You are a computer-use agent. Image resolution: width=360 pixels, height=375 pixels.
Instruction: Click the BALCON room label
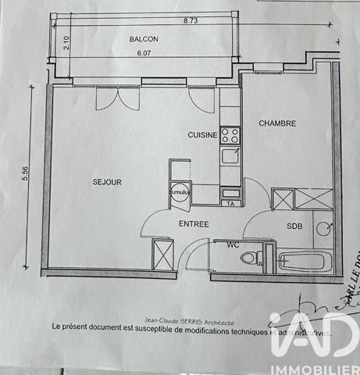(x=144, y=37)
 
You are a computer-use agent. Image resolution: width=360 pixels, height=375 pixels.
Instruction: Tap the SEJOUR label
(x=106, y=182)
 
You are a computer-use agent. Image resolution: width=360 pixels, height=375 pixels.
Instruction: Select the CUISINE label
(x=202, y=135)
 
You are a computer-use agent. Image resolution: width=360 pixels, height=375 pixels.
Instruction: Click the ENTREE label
(x=194, y=224)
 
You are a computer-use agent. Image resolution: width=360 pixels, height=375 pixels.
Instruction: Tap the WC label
(x=233, y=244)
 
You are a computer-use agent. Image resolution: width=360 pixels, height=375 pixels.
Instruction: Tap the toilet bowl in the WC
(x=249, y=257)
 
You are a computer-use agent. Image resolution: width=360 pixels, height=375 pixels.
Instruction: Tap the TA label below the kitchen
(x=230, y=204)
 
